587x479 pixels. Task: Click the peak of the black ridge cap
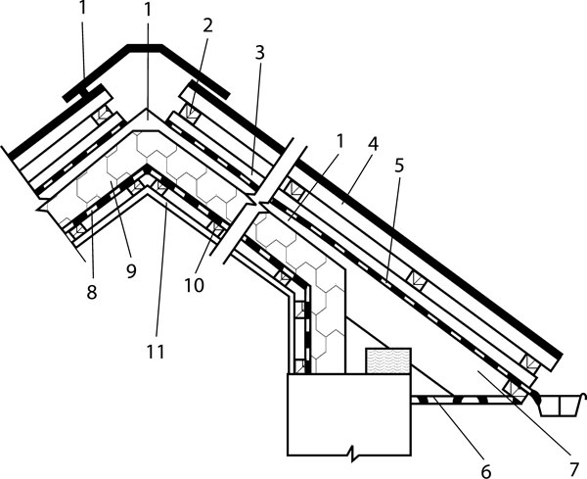pos(148,46)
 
